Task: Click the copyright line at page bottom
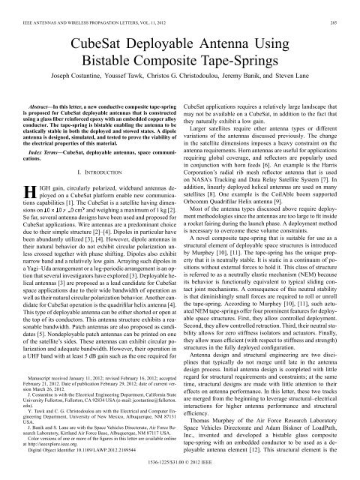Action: pos(179,474)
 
